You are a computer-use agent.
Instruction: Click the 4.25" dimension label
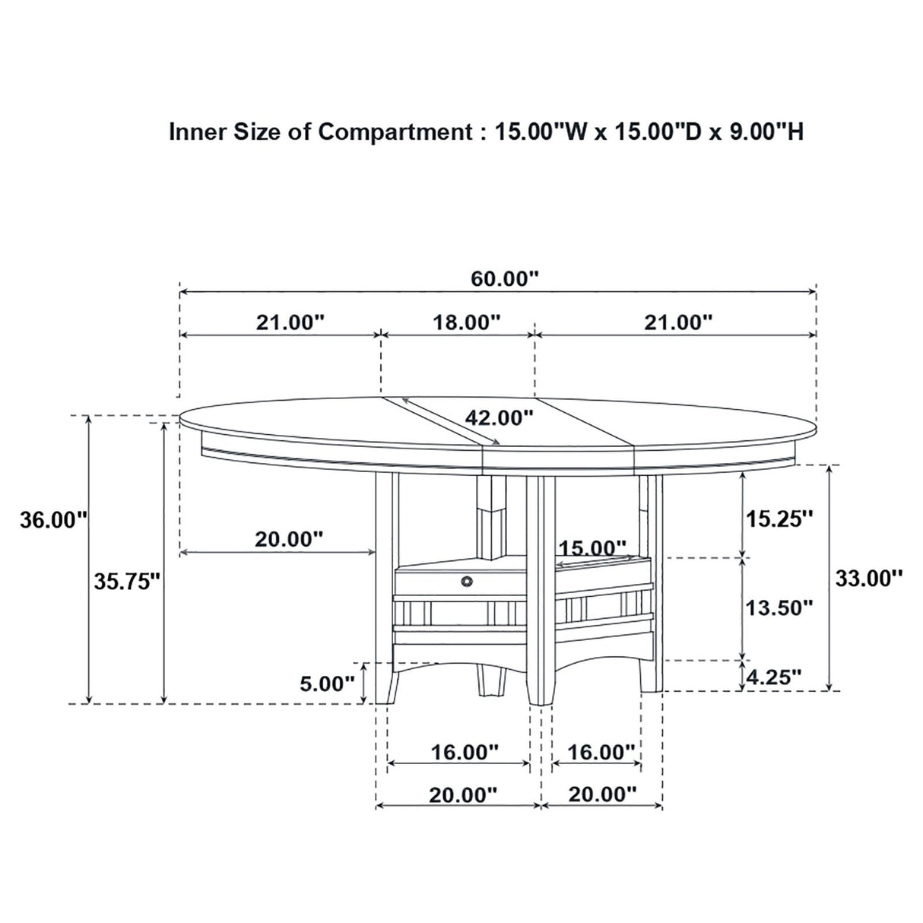coord(773,676)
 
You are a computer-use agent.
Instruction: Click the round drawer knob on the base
coord(466,582)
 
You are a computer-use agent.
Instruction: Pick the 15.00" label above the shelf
coord(593,547)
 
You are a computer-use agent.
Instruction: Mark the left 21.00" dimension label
coord(290,322)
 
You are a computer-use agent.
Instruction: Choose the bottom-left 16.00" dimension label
coord(465,752)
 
